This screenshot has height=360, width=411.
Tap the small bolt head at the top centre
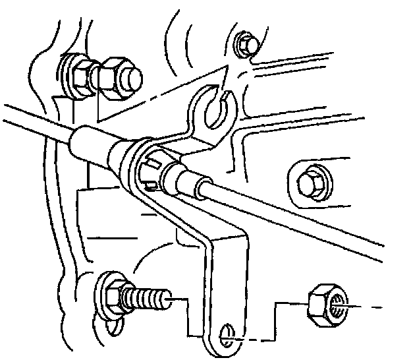click(x=247, y=44)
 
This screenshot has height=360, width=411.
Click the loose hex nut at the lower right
click(x=325, y=304)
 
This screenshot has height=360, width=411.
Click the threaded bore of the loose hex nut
click(x=336, y=305)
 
